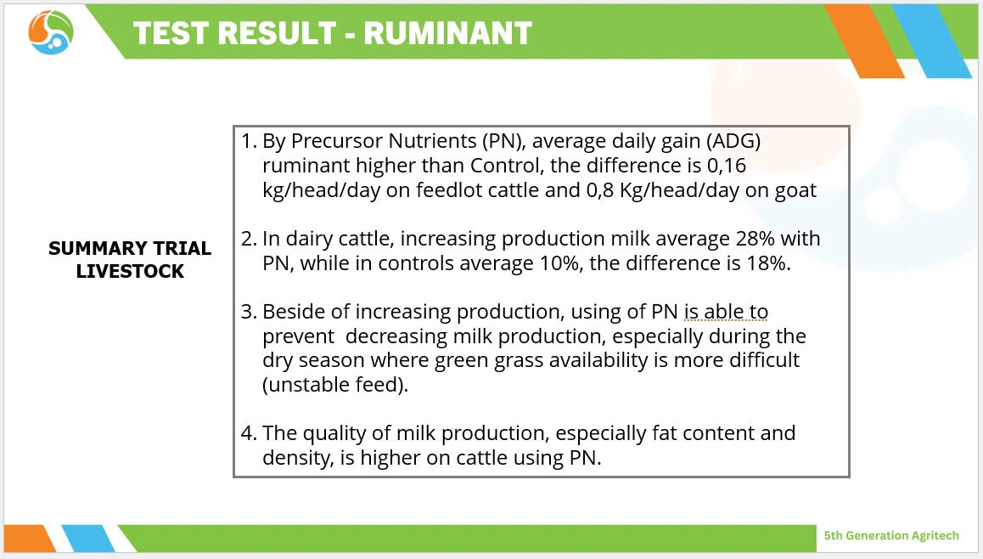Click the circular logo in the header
click(x=51, y=32)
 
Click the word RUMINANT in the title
click(x=447, y=33)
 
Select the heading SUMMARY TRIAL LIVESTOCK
click(x=130, y=260)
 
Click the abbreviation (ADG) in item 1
click(x=733, y=141)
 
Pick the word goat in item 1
click(x=795, y=191)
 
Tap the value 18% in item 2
click(x=765, y=263)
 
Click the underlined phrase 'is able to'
click(x=726, y=312)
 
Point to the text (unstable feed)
click(x=335, y=385)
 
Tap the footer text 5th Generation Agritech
click(x=890, y=535)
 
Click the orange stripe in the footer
click(x=29, y=539)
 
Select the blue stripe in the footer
click(x=88, y=539)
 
